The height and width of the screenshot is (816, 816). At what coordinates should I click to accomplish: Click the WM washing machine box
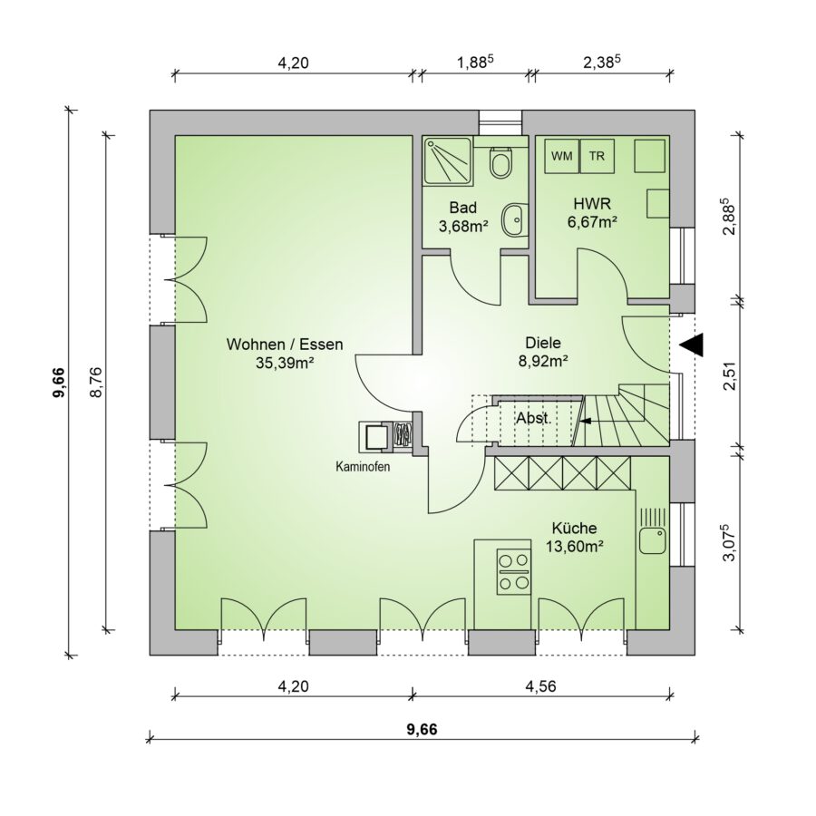tap(561, 156)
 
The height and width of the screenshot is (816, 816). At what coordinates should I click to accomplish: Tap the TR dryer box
tap(597, 156)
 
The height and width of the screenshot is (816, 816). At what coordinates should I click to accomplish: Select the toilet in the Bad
tap(500, 162)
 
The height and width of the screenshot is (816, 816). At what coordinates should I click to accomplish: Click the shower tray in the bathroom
tap(448, 160)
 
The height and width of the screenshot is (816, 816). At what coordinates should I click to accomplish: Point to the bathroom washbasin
tap(514, 219)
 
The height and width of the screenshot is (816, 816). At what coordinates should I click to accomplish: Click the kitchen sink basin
tap(653, 540)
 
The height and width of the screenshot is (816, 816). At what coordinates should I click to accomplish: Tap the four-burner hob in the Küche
tap(514, 571)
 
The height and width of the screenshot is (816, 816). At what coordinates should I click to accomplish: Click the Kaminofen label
tap(363, 467)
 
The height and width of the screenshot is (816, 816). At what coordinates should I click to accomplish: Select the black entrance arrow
tap(693, 345)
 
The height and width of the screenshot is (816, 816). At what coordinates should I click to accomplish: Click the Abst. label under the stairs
tap(533, 418)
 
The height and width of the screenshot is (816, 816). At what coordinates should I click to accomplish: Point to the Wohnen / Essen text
tap(285, 344)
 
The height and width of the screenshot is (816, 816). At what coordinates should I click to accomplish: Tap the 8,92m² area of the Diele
tap(543, 361)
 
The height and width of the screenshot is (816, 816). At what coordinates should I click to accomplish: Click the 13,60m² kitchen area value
tap(575, 546)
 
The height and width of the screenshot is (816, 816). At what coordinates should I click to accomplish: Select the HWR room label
tap(592, 203)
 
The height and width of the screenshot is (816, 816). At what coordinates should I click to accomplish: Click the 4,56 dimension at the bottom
tap(540, 686)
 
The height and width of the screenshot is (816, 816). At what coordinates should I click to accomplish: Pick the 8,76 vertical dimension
tap(96, 383)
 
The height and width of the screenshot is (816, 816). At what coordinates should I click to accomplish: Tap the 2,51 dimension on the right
tap(733, 375)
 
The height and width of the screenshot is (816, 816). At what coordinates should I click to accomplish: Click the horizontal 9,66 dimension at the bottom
tap(422, 730)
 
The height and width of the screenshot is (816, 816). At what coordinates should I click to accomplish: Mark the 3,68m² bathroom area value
tap(463, 226)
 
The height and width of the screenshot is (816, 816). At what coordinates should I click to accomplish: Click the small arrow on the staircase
tap(586, 421)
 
